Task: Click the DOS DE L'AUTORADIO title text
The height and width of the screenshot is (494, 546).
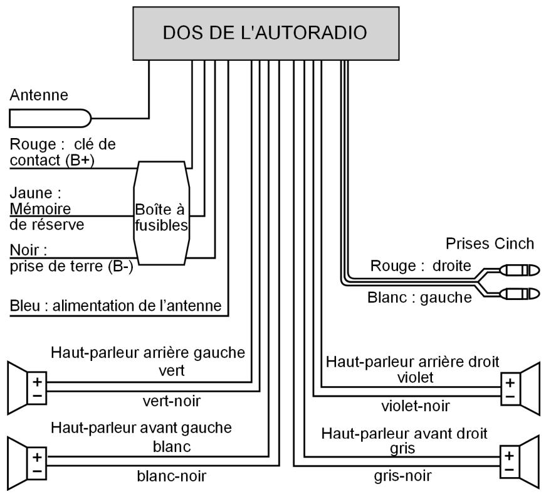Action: coord(265,33)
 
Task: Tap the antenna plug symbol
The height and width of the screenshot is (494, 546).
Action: coord(50,118)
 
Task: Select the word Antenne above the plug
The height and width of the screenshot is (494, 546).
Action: coord(39,95)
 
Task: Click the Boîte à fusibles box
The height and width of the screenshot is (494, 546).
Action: coord(162,213)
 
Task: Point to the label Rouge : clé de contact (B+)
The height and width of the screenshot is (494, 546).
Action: coord(63,153)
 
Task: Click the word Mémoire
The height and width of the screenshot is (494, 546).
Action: coord(40,209)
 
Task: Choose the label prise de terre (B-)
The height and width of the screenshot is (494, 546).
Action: coord(71,266)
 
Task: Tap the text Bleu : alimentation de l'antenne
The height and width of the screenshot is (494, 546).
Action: coord(115,306)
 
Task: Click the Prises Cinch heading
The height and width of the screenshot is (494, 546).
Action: coord(490,244)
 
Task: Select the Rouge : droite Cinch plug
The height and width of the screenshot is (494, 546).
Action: coord(520,270)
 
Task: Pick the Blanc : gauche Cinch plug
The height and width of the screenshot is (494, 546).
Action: coord(520,294)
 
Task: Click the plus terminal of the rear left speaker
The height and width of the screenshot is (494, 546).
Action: coord(37,382)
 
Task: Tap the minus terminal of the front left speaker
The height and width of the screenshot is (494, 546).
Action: coord(37,471)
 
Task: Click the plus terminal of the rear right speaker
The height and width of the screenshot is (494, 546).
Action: coord(510,383)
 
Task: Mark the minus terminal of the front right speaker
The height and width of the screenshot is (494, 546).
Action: coord(510,470)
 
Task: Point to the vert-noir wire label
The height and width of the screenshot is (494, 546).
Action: coord(172,401)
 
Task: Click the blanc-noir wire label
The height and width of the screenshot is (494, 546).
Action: coord(172,476)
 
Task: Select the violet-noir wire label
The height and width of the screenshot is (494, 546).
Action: coord(416,406)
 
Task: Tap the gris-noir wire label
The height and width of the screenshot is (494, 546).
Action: coord(403,476)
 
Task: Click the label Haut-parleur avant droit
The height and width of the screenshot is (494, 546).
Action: coord(404,434)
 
